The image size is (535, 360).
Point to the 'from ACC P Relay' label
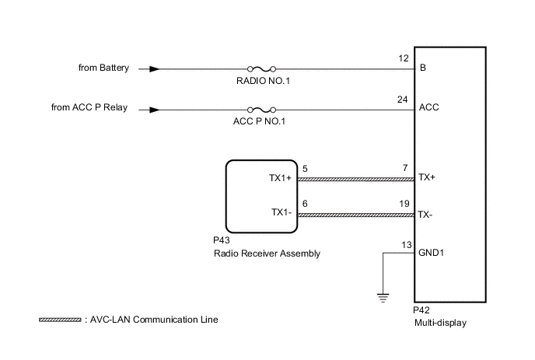[x=93, y=108]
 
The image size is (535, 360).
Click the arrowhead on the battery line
[x=156, y=68]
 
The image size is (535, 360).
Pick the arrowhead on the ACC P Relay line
[x=156, y=109]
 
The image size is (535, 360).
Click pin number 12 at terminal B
[x=401, y=59]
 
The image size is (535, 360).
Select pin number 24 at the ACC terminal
[x=401, y=100]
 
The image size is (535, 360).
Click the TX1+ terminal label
[x=281, y=178]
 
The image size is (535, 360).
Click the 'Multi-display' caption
[x=440, y=323]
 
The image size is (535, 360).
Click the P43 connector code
[x=221, y=241]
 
